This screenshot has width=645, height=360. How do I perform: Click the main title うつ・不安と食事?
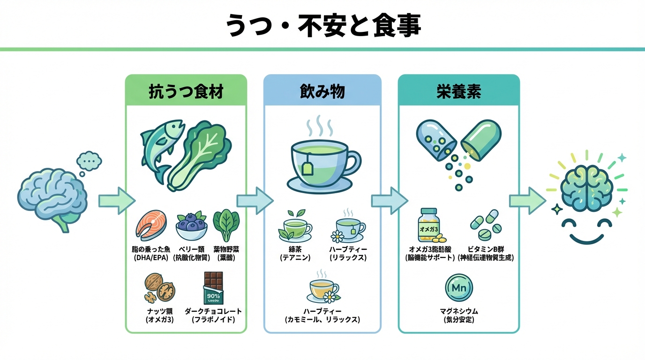click(x=322, y=25)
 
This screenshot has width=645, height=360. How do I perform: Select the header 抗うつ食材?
click(x=186, y=91)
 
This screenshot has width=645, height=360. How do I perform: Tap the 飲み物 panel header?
click(x=322, y=91)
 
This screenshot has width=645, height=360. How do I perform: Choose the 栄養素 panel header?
click(x=458, y=91)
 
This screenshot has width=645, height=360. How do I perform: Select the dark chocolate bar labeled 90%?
click(x=213, y=287)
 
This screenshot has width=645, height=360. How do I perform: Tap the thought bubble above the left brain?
click(x=89, y=161)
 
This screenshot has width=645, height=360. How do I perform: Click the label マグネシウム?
click(x=459, y=311)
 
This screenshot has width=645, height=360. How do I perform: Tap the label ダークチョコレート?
click(x=213, y=311)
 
